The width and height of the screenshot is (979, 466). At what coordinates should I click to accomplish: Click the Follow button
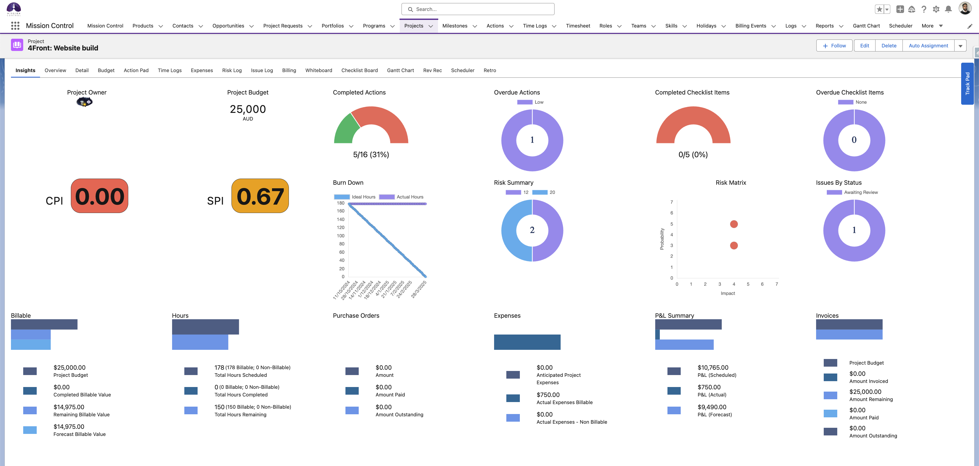coord(834,46)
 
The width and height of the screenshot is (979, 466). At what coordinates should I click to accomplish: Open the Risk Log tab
coord(232,70)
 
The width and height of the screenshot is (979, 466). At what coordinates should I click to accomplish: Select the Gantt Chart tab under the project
coord(400,70)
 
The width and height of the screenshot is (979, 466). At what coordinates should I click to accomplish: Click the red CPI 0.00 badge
coord(100,196)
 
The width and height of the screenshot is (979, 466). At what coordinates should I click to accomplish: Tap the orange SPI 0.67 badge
coord(260,196)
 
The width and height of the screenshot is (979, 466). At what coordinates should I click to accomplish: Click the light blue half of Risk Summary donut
coord(510,231)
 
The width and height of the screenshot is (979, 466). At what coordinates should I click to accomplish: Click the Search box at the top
coord(478,9)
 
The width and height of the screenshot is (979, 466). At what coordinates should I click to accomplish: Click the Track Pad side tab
coord(967,84)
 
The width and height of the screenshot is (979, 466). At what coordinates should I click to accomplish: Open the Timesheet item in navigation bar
coord(578,26)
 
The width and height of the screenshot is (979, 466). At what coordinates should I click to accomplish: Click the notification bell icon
coord(948,9)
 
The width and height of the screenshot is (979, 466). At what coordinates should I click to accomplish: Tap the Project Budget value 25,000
coord(248,109)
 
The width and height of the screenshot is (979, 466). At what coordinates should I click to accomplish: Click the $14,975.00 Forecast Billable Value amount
coord(69,427)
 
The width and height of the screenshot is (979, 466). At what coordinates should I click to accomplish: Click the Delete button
coord(888,46)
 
